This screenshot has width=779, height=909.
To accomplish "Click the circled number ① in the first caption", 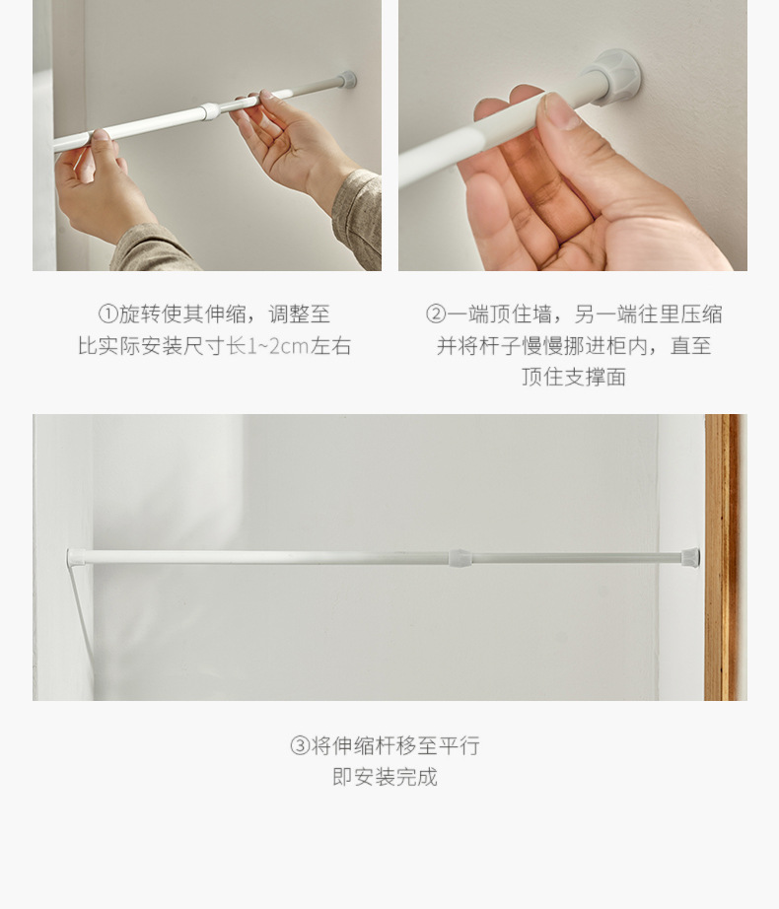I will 108,315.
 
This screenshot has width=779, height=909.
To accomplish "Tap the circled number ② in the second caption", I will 436,315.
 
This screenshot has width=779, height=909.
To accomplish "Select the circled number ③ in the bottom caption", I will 300,746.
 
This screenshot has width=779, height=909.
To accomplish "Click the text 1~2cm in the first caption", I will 277,346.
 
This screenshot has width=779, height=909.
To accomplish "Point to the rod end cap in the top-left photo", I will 346,80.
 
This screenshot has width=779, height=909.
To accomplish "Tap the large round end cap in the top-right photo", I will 617,76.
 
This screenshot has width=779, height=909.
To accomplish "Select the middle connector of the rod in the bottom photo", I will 460,558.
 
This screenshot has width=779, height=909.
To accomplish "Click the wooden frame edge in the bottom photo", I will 722,557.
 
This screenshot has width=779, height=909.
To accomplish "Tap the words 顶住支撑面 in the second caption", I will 574,378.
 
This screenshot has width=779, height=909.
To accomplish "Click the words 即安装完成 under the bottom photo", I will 385,777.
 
